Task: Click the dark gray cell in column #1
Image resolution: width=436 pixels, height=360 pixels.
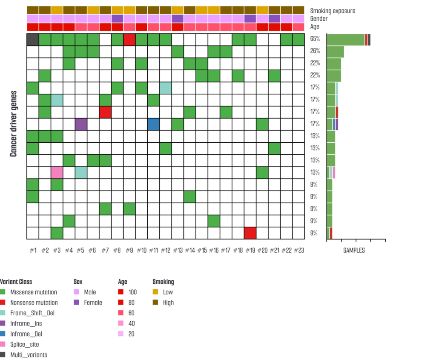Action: click(x=33, y=40)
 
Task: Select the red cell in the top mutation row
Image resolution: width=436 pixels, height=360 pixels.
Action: click(x=129, y=40)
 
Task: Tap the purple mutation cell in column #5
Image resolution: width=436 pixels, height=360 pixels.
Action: click(x=81, y=124)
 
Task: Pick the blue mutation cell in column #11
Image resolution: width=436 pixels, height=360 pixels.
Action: click(x=154, y=124)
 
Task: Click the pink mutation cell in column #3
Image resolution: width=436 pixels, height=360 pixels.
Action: click(x=57, y=173)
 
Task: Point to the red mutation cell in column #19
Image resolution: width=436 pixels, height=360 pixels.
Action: click(x=250, y=233)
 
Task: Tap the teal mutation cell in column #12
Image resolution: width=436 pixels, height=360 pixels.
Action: click(x=166, y=88)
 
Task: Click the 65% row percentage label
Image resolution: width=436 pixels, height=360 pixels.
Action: click(x=316, y=39)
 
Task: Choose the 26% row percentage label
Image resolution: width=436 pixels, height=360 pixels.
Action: click(x=316, y=51)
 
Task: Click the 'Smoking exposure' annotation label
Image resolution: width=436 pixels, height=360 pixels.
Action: click(x=333, y=11)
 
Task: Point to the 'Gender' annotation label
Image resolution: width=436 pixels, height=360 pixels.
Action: click(x=319, y=19)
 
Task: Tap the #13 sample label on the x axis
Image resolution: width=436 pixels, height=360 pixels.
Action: click(x=178, y=251)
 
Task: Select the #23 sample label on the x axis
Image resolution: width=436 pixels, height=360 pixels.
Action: click(x=299, y=251)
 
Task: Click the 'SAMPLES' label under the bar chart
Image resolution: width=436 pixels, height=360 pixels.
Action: click(x=354, y=251)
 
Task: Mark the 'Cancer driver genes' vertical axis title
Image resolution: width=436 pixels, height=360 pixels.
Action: click(x=13, y=124)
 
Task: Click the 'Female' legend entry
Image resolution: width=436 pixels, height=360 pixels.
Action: click(x=93, y=302)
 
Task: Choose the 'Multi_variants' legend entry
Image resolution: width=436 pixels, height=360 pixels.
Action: click(x=29, y=354)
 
